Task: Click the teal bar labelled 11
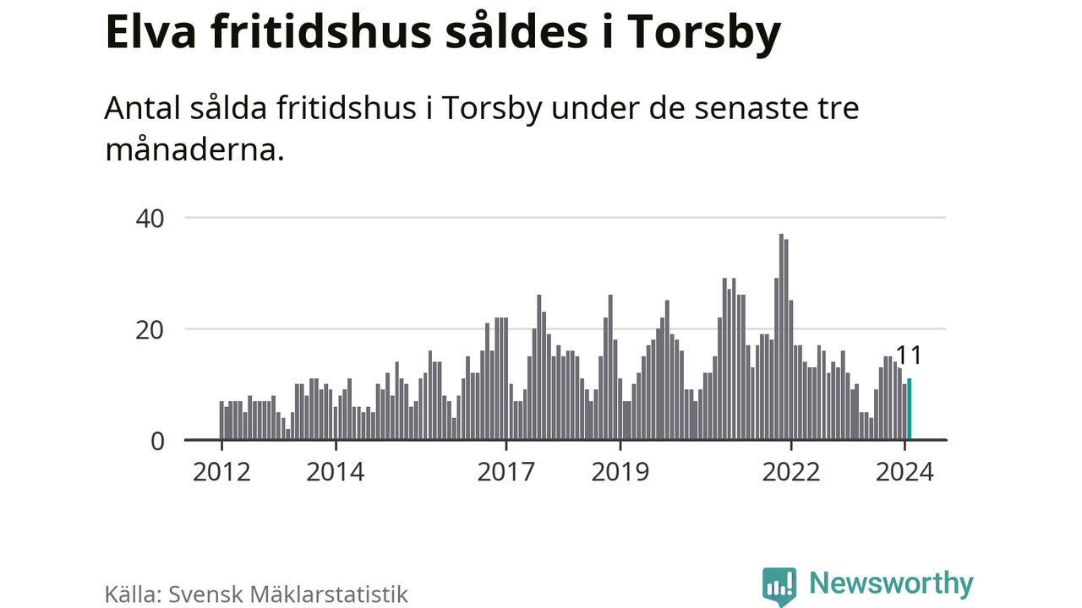coord(910,410)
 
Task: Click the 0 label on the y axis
coord(157,441)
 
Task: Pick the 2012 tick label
coord(221,471)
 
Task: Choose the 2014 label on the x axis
coord(336,471)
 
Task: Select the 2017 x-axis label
coord(506,471)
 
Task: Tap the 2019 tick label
coord(620,471)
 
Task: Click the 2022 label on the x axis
coord(791,471)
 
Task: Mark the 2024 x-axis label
coord(905,471)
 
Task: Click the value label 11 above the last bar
coord(909,356)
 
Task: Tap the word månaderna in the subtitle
coord(194,149)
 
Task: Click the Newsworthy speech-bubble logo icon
coord(779,585)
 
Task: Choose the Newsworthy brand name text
coord(891,584)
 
